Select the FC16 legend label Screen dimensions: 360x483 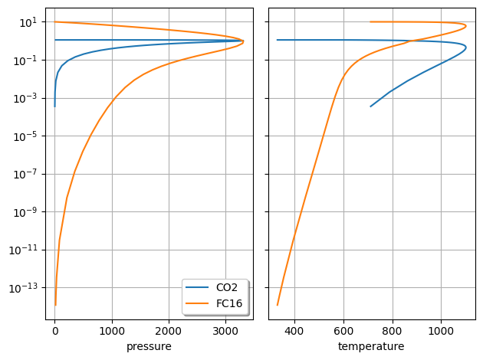click(x=230, y=303)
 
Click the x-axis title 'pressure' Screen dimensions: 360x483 click(x=149, y=347)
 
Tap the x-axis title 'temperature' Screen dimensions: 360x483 click(x=371, y=347)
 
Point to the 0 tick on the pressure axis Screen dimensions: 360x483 click(x=55, y=332)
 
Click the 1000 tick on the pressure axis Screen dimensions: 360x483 click(x=112, y=332)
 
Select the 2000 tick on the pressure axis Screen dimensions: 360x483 click(x=169, y=332)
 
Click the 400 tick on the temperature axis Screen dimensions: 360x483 click(x=294, y=332)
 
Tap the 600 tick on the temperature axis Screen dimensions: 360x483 click(x=343, y=332)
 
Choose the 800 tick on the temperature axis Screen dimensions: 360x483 click(x=393, y=332)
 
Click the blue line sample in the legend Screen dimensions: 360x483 click(x=198, y=288)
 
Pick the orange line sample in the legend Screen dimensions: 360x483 click(x=198, y=303)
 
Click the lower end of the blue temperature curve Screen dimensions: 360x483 click(x=371, y=106)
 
